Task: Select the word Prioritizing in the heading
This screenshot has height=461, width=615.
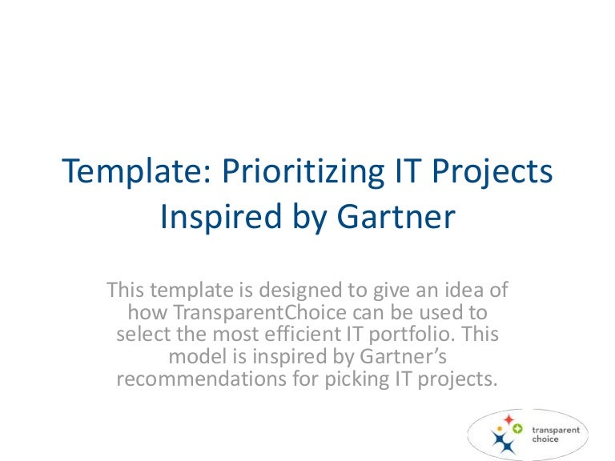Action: click(303, 170)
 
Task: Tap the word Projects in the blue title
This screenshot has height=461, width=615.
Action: click(492, 170)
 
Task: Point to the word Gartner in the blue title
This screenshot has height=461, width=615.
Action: click(396, 216)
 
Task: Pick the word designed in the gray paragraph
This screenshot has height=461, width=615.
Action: click(301, 290)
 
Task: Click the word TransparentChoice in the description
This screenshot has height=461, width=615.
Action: click(259, 312)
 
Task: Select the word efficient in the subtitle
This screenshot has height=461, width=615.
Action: click(302, 334)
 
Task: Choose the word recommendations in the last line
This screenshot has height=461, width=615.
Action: click(201, 379)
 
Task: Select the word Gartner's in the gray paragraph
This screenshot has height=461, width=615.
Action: click(404, 357)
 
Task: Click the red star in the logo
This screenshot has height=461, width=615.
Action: click(508, 419)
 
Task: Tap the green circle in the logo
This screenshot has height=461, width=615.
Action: click(517, 429)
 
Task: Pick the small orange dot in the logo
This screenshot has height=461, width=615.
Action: click(500, 429)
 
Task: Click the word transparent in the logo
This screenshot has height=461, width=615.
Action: click(556, 431)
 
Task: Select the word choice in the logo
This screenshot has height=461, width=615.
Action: click(545, 439)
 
